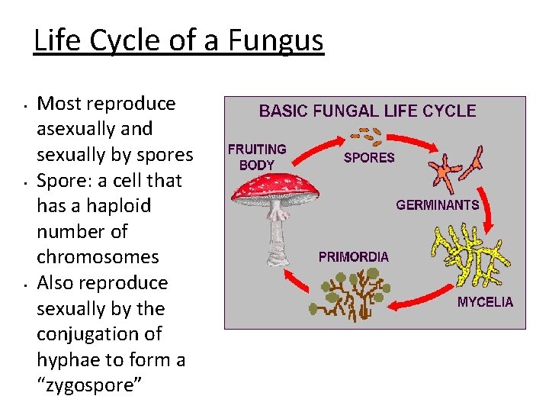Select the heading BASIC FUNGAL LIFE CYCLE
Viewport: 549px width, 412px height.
tap(368, 111)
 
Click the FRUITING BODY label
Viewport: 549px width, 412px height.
tap(257, 156)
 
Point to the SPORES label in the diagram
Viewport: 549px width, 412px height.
tap(369, 158)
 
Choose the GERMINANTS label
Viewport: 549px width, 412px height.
tap(437, 204)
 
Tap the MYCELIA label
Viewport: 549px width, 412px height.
tap(485, 302)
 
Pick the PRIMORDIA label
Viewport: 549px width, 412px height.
tap(353, 257)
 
